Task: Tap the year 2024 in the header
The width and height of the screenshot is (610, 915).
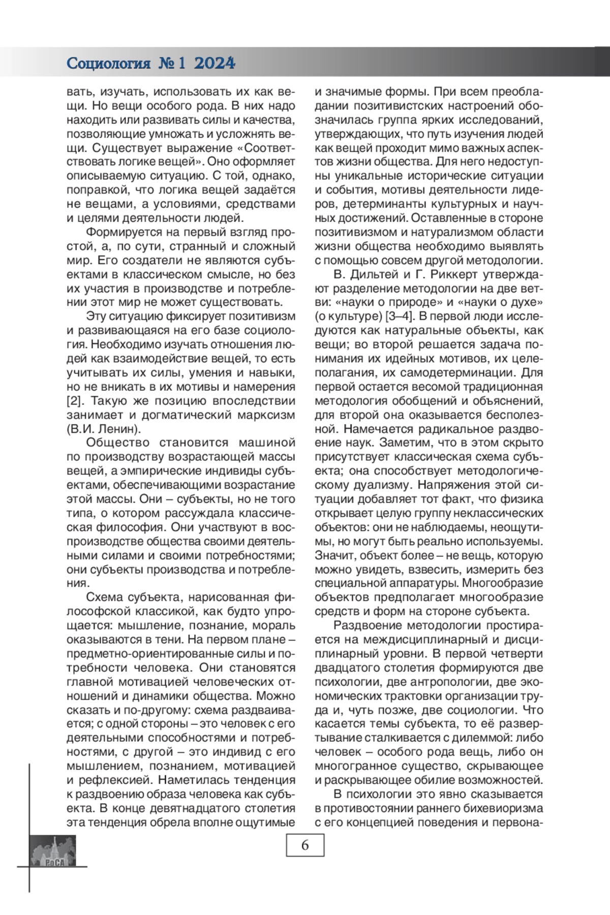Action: (x=215, y=64)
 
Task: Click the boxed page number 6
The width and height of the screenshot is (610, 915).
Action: (x=305, y=845)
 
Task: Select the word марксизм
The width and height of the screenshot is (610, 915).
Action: (x=269, y=414)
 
